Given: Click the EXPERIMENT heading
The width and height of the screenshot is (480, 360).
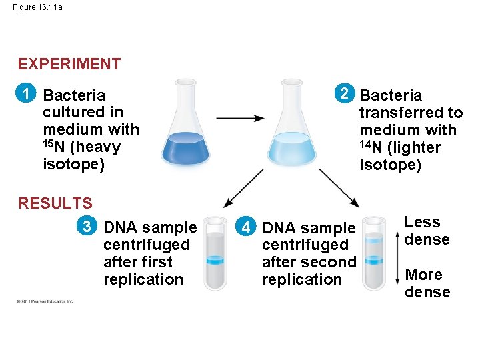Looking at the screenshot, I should pos(69,64).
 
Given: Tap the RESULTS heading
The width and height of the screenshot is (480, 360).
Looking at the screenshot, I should pos(55,203).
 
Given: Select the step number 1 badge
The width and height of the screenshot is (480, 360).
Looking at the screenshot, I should pos(27,94).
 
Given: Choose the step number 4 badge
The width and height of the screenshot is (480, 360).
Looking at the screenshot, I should pos(247,227).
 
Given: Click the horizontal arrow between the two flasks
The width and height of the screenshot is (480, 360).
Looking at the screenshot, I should pos(240,119).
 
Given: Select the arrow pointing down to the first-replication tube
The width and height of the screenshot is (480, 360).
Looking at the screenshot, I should pos(243,187).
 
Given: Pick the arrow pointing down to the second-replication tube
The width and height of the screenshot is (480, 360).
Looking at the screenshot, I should pos(340,187).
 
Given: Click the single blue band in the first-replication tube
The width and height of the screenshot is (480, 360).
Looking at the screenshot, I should pos(215,261).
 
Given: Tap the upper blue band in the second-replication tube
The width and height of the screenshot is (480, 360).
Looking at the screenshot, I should pos(374,239).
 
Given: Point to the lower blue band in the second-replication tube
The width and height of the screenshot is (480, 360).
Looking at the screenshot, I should pos(374,260).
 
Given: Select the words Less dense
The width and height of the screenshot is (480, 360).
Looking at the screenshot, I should pos(427,231).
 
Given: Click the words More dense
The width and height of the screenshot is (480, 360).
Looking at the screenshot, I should pos(427,283).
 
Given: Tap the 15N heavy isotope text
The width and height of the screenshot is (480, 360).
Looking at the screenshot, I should pos(81,147).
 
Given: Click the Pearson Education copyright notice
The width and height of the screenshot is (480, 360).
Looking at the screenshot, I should pos(46,301).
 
